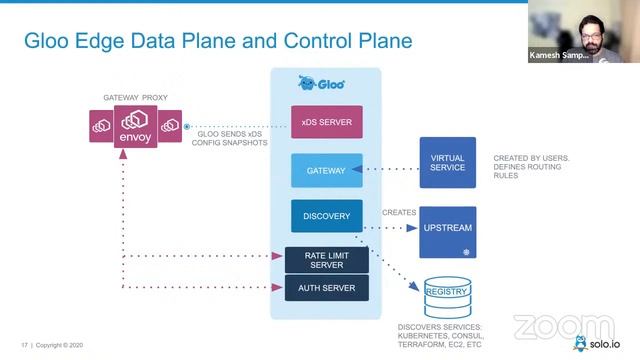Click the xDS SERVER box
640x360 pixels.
pos(326,122)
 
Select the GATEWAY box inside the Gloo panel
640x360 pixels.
pos(326,170)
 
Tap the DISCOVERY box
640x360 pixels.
pos(326,216)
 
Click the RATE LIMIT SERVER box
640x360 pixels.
pos(326,259)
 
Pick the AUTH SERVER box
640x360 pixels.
pos(326,288)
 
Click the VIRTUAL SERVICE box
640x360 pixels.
pos(447,162)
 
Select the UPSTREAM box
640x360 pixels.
pos(447,229)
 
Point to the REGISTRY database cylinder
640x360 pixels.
pos(447,292)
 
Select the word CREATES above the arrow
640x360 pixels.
pos(398,212)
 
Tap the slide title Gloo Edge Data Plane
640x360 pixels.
pos(218,41)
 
